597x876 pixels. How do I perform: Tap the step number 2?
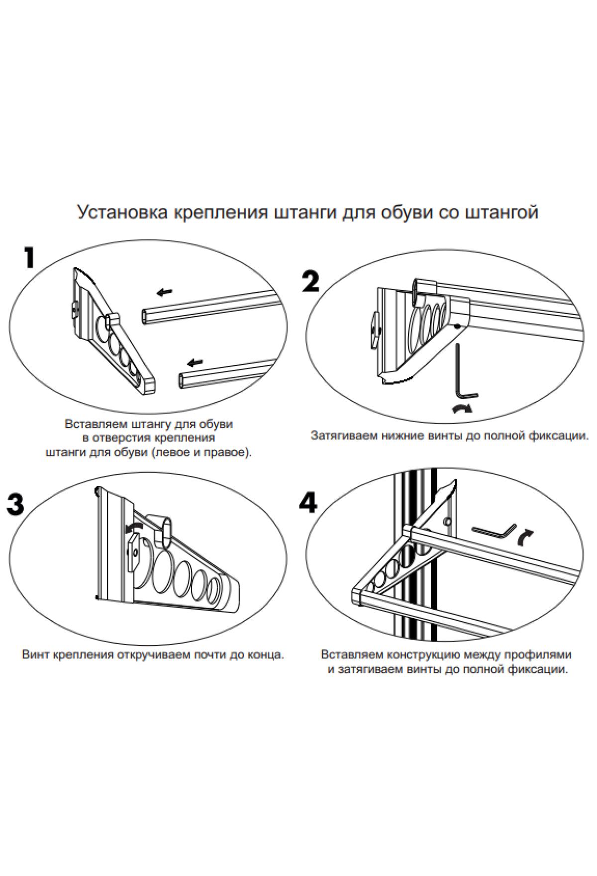click(310, 282)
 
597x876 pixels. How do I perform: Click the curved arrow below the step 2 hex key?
click(462, 409)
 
